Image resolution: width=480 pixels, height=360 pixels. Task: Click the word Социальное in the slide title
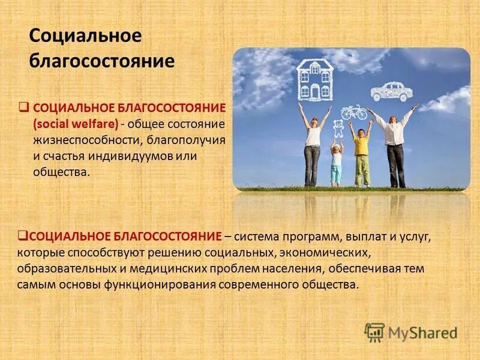[x=85, y=36]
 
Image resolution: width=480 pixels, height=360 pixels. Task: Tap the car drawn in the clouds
[x=391, y=92]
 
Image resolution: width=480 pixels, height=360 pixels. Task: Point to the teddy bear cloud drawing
[x=336, y=129]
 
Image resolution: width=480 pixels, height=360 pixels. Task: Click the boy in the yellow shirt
[x=361, y=155]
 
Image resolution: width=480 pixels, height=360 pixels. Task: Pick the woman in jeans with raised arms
[x=313, y=147]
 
